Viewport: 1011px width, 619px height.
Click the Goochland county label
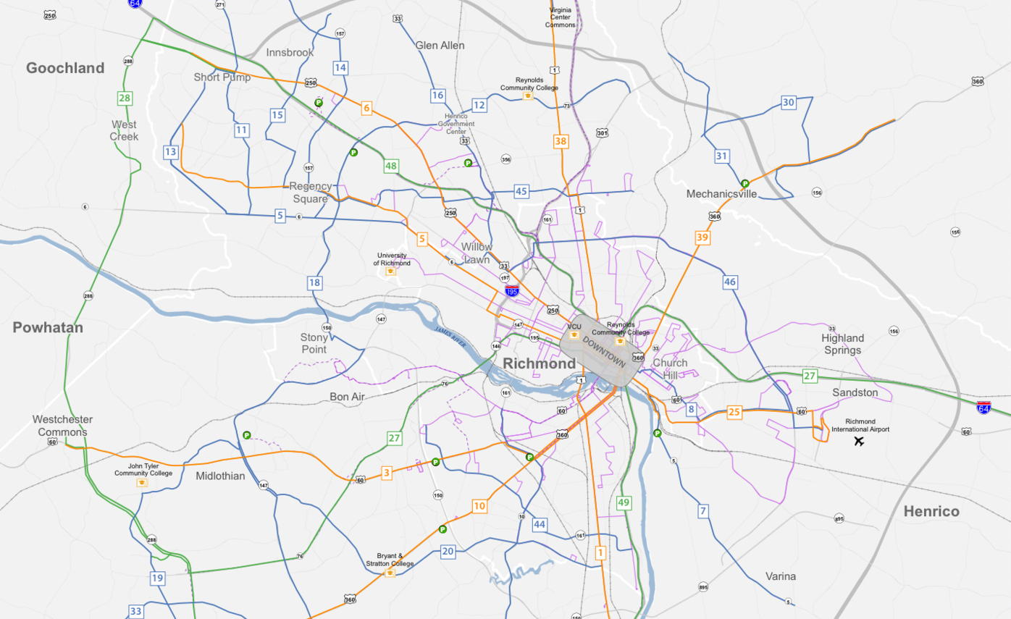(x=65, y=68)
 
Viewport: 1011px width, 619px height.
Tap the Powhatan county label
(x=48, y=328)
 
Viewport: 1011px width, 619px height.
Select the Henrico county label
(x=931, y=512)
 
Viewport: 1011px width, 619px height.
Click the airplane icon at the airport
(x=860, y=441)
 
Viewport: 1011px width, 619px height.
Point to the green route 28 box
(x=125, y=98)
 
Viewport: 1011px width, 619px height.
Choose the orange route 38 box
(x=561, y=141)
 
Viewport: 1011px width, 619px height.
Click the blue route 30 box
(x=789, y=103)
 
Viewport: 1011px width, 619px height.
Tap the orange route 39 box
(x=702, y=237)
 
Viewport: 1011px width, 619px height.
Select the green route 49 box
(x=624, y=502)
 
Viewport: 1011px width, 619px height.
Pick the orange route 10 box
(x=479, y=506)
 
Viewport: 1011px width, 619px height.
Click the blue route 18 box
(x=314, y=283)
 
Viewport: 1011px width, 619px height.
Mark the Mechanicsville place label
(x=721, y=194)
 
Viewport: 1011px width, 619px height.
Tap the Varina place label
(x=781, y=576)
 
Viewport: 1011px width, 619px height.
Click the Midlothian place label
(x=220, y=476)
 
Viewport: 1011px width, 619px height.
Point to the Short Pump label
(x=222, y=77)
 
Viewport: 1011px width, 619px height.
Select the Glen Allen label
(x=440, y=46)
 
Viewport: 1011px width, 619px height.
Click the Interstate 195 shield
(x=512, y=291)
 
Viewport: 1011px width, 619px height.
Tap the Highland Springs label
(x=842, y=344)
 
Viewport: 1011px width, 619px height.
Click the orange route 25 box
(x=734, y=412)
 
